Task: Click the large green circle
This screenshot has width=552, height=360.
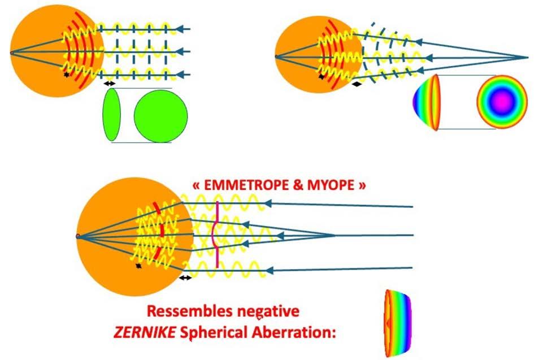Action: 160,116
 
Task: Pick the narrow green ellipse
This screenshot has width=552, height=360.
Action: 112,116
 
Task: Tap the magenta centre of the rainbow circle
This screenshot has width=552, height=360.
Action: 502,101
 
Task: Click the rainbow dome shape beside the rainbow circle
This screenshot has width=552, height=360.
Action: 428,102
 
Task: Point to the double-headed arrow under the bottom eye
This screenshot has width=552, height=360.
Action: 185,277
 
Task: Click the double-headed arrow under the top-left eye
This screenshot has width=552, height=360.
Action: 109,84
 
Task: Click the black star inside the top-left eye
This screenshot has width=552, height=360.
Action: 67,74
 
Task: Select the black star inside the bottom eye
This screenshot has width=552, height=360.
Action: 138,265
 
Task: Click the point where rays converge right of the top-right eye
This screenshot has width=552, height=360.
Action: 527,58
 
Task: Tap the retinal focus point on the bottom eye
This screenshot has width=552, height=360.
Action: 78,235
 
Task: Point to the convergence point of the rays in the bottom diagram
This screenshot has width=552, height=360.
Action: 334,235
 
